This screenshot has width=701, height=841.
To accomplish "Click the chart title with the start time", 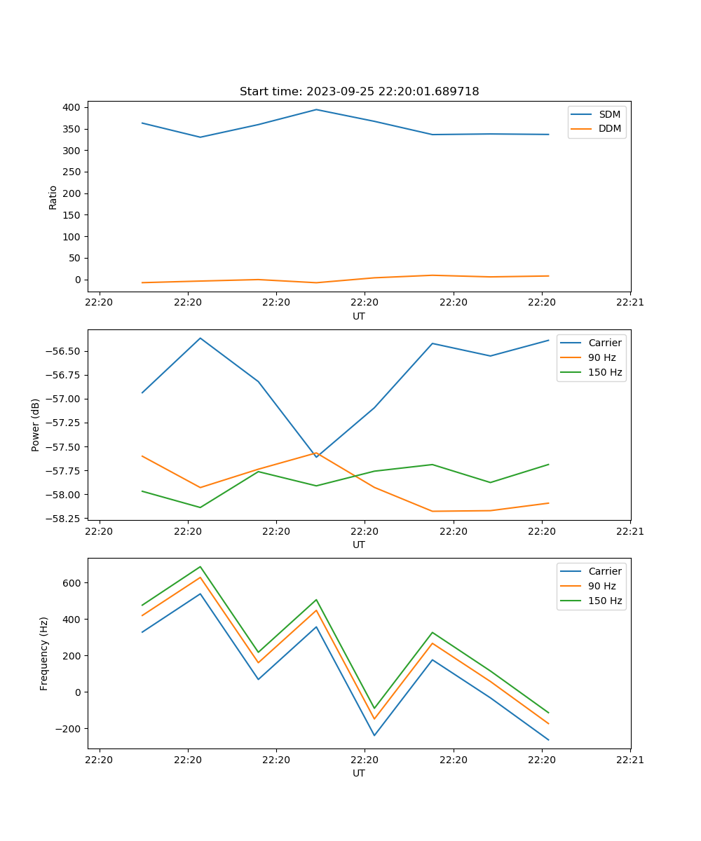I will (x=359, y=92).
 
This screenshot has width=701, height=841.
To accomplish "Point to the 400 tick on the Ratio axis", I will (x=72, y=107).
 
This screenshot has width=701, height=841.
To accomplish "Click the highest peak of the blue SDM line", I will (x=316, y=109).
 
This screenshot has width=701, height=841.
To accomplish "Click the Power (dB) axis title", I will (x=36, y=425).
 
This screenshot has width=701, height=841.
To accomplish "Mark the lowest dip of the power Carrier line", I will (x=316, y=457).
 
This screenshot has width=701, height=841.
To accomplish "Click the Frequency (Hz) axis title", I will (x=44, y=653).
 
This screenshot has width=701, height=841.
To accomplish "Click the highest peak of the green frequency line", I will (x=200, y=566).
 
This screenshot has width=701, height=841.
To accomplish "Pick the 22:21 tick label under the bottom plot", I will (x=630, y=760).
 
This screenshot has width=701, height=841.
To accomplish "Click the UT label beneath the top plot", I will (x=359, y=316).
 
